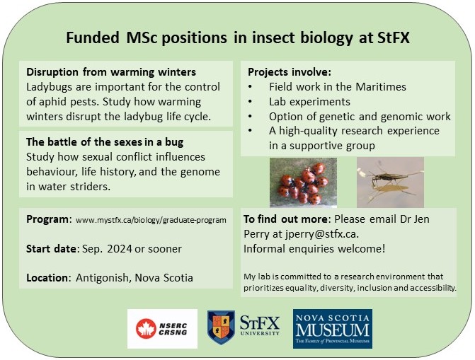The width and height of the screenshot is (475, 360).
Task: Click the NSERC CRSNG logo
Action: coord(162,328)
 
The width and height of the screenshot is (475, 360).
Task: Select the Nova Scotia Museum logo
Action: coord(332,328)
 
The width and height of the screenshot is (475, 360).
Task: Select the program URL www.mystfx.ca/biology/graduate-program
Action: coord(151,220)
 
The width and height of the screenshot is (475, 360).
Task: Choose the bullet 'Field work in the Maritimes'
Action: coord(328,87)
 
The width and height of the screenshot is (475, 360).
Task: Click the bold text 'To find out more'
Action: coord(287,219)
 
